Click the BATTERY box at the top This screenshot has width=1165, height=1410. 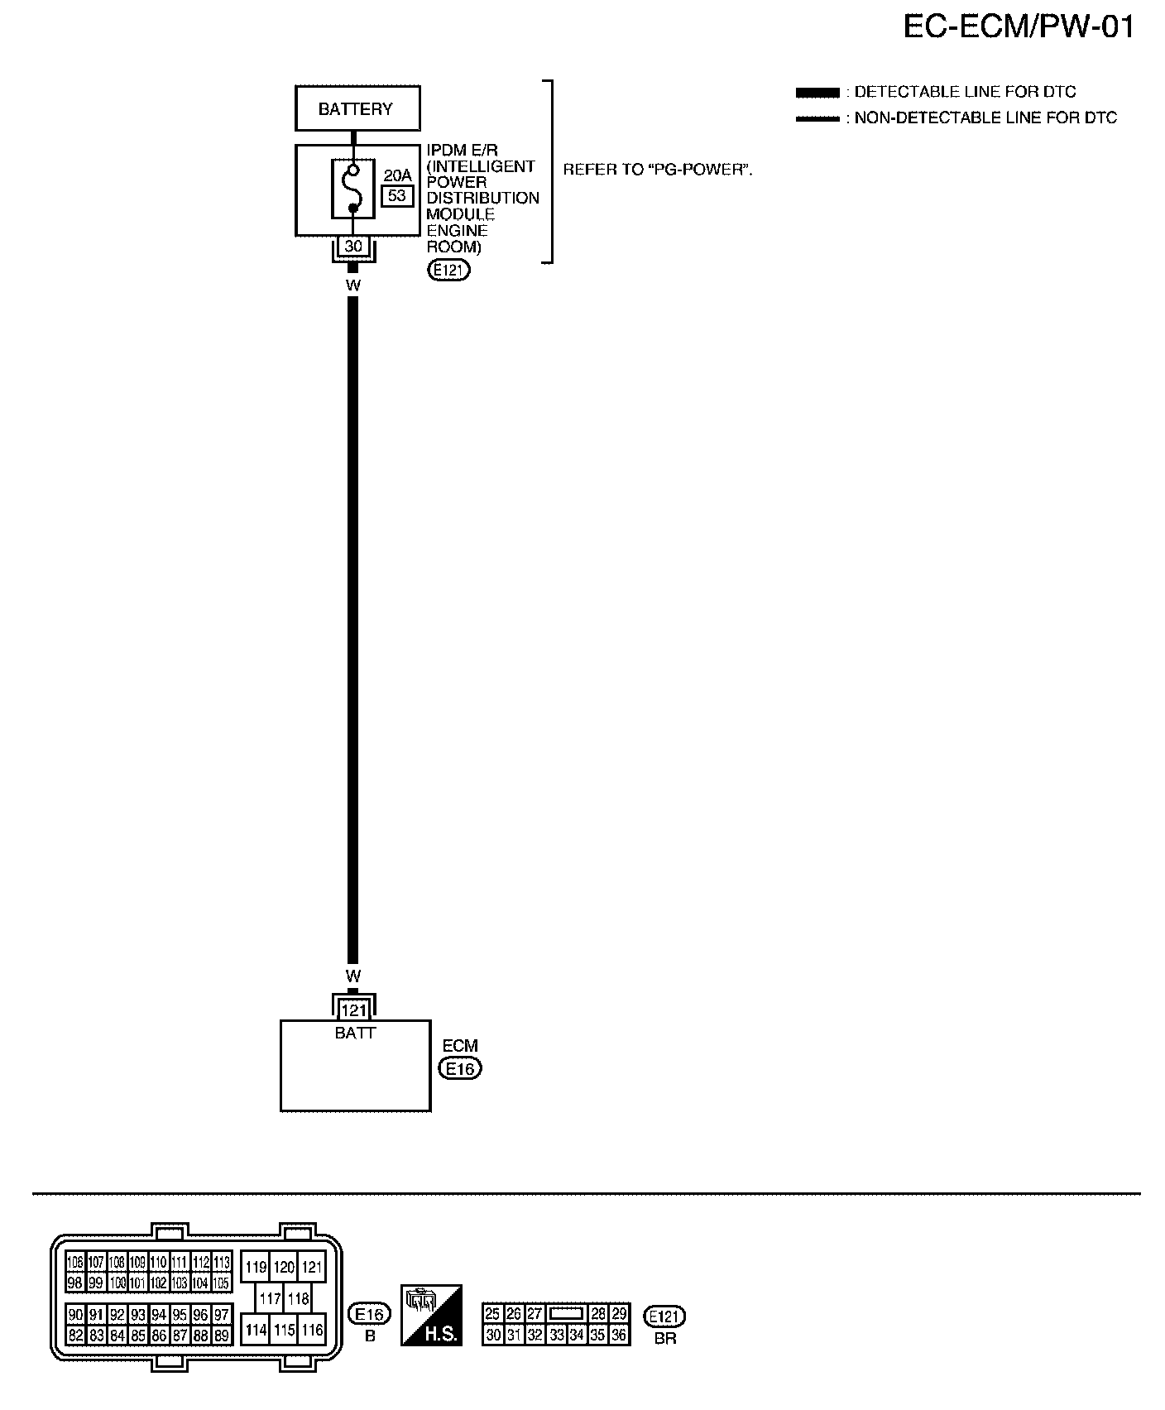pyautogui.click(x=357, y=108)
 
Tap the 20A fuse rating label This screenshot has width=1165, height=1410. pyautogui.click(x=397, y=175)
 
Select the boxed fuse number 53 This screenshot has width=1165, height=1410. pyautogui.click(x=397, y=195)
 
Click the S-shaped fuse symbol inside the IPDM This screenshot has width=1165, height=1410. pyautogui.click(x=352, y=189)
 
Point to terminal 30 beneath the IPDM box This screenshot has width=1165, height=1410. pyautogui.click(x=353, y=247)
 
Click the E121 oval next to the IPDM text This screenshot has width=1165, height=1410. pyautogui.click(x=448, y=269)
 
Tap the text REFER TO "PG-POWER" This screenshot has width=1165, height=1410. pyautogui.click(x=658, y=170)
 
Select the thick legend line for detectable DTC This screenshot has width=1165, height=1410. pyautogui.click(x=817, y=92)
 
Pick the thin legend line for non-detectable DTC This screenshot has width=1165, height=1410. pyautogui.click(x=817, y=118)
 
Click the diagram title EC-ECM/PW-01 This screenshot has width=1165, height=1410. pyautogui.click(x=1018, y=28)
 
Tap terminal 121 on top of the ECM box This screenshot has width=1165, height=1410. pyautogui.click(x=353, y=1010)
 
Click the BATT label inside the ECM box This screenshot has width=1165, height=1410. pyautogui.click(x=355, y=1033)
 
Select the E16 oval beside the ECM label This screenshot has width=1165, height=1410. pyautogui.click(x=460, y=1068)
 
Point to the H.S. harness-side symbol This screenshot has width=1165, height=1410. pyautogui.click(x=430, y=1315)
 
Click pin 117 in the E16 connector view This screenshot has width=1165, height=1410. pyautogui.click(x=270, y=1299)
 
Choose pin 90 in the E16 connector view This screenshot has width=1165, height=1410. pyautogui.click(x=75, y=1315)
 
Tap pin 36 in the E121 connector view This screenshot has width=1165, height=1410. pyautogui.click(x=618, y=1335)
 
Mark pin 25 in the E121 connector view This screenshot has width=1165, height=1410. pyautogui.click(x=492, y=1314)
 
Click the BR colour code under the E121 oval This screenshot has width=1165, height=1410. pyautogui.click(x=664, y=1338)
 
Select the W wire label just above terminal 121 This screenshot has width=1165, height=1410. pyautogui.click(x=353, y=976)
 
